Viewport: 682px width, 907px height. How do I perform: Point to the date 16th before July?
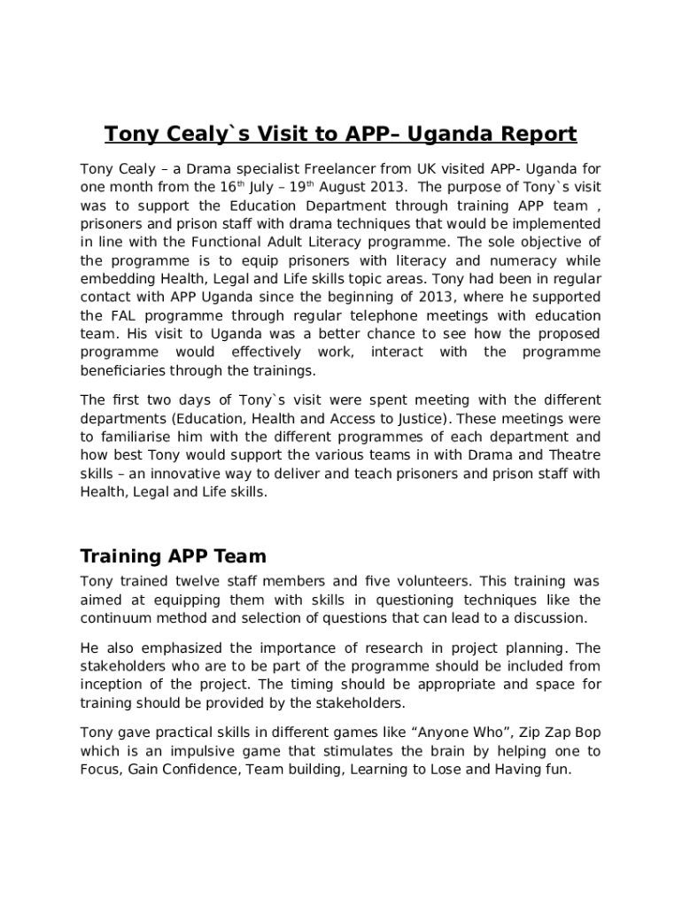pyautogui.click(x=230, y=187)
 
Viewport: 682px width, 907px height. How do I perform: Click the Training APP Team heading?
pyautogui.click(x=173, y=556)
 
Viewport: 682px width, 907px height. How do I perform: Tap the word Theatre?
pyautogui.click(x=570, y=455)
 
